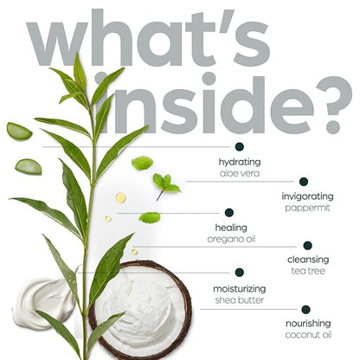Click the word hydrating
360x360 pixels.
pos(240,163)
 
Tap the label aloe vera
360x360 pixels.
pos(240,173)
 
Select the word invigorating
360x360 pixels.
pos(307,197)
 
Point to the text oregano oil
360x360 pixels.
pos(231,240)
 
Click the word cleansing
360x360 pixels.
pos(308,260)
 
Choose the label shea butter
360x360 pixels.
pos(240,300)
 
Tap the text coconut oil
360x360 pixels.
pos(308,335)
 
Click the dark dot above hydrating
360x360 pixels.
pos(239,147)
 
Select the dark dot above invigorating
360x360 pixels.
pos(304,182)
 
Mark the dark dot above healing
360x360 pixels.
pos(229,213)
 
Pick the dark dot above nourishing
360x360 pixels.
pos(305,310)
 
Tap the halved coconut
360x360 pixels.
pos(140,310)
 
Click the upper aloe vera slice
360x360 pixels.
pos(19,132)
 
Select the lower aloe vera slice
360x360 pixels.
pos(29,167)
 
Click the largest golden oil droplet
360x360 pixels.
pos(121,197)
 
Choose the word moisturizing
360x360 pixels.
pos(240,289)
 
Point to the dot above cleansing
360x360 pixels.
pos(308,246)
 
